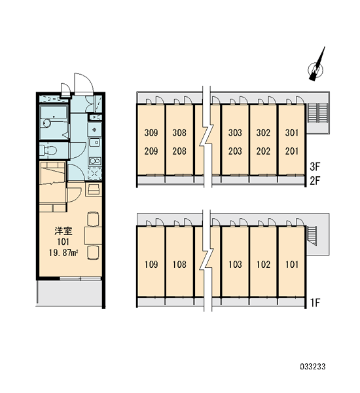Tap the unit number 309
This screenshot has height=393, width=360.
pyautogui.click(x=151, y=132)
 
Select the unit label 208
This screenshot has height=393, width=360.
pyautogui.click(x=179, y=151)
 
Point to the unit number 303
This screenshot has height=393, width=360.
pyautogui.click(x=235, y=132)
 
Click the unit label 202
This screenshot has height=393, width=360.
pyautogui.click(x=263, y=151)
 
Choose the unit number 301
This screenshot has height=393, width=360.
pyautogui.click(x=292, y=132)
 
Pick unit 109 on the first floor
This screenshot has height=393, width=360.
pyautogui.click(x=151, y=265)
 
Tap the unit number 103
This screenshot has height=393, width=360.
pyautogui.click(x=235, y=265)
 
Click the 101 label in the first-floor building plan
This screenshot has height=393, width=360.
pyautogui.click(x=292, y=265)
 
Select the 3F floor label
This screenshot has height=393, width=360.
pyautogui.click(x=315, y=166)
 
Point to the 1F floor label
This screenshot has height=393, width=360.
pyautogui.click(x=315, y=303)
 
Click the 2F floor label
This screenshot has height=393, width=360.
pyautogui.click(x=315, y=181)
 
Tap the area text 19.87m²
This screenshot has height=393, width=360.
pyautogui.click(x=63, y=253)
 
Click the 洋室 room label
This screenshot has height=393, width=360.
pyautogui.click(x=63, y=231)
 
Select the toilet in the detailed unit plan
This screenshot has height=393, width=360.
pyautogui.click(x=48, y=151)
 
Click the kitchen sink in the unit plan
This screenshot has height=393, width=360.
pyautogui.click(x=94, y=143)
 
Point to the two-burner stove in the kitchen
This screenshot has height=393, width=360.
pyautogui.click(x=95, y=161)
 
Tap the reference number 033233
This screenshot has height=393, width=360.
pyautogui.click(x=313, y=367)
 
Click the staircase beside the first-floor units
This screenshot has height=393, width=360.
pyautogui.click(x=312, y=236)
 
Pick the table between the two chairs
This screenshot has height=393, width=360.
pyautogui.click(x=93, y=235)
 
